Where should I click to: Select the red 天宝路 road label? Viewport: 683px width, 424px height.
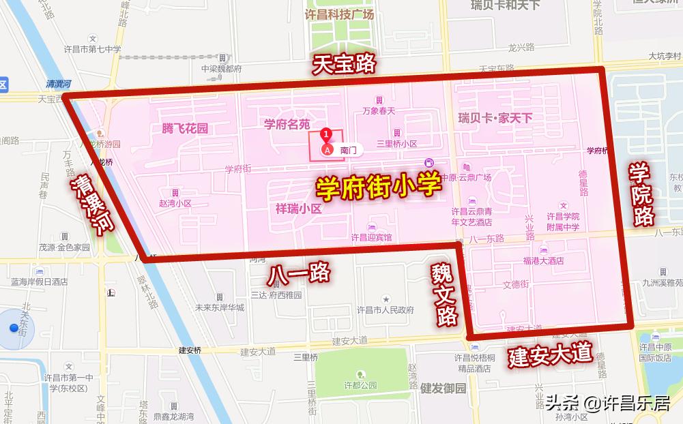tap(344, 64)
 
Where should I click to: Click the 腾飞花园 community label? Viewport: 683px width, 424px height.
tap(184, 128)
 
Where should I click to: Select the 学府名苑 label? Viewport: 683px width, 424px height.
tap(287, 124)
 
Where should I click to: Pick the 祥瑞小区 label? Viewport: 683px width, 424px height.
tap(298, 209)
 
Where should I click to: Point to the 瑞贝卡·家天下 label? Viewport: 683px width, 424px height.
tap(495, 118)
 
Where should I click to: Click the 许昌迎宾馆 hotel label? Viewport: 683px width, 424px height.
tap(371, 237)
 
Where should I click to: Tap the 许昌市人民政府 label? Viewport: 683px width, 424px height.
tap(386, 309)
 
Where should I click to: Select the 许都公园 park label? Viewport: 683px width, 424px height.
tap(360, 384)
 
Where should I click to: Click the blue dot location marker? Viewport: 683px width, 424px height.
tap(14, 328)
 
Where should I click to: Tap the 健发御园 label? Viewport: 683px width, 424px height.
tap(443, 389)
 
